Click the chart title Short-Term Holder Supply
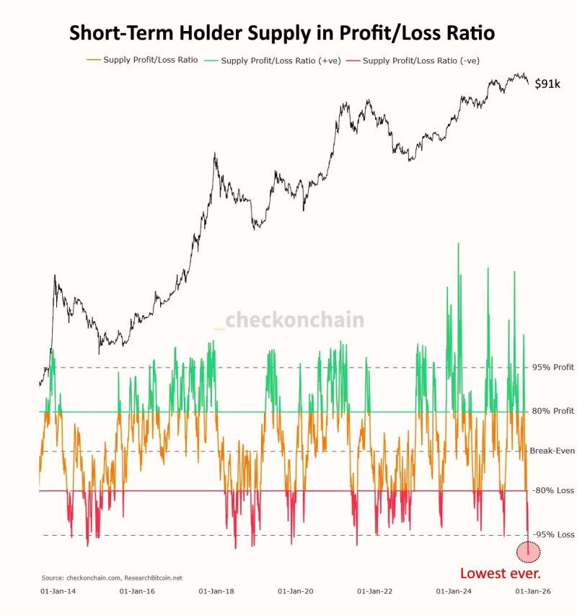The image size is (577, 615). click(x=281, y=33)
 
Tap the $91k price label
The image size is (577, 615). click(x=547, y=84)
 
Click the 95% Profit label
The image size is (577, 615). click(x=553, y=367)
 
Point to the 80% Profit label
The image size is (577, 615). click(x=553, y=412)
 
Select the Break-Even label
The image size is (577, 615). click(x=552, y=451)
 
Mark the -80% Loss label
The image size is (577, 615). click(x=553, y=490)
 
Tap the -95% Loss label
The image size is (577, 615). click(x=553, y=534)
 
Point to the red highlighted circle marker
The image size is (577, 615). click(x=529, y=552)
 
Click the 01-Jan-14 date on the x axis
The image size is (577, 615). click(x=60, y=591)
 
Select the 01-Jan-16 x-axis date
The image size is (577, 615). click(x=137, y=591)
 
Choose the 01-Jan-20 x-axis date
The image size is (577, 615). click(x=296, y=591)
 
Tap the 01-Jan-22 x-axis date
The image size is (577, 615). click(x=375, y=591)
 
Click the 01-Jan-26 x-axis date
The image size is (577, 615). click(x=534, y=591)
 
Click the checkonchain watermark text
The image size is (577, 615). click(x=294, y=320)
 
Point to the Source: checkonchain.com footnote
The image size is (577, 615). click(x=112, y=578)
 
